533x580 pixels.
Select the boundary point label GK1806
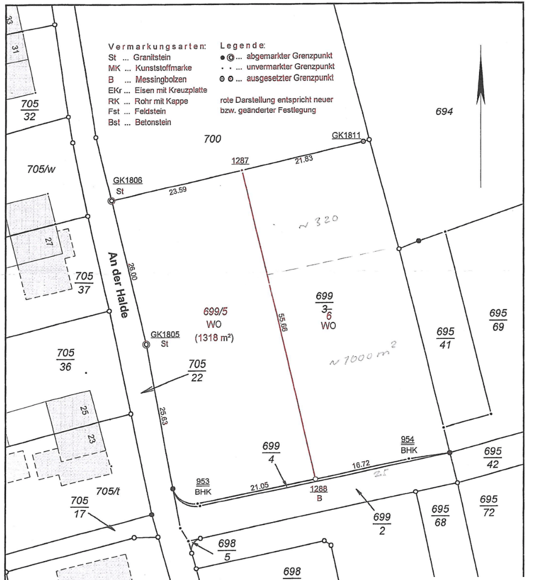(128, 180)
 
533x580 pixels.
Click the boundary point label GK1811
(346, 135)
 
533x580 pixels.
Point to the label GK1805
(165, 334)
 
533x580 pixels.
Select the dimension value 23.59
(178, 191)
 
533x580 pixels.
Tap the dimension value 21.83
(304, 159)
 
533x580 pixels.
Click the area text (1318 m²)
(214, 338)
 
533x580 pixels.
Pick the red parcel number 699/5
(216, 311)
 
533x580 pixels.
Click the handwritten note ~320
(318, 222)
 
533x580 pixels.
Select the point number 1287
(240, 161)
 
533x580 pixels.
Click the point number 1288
(319, 489)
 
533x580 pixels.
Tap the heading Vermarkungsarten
(157, 46)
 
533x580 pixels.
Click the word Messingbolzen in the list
(161, 79)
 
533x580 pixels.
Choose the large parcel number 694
(444, 111)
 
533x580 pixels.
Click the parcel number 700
(213, 139)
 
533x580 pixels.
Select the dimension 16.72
(361, 464)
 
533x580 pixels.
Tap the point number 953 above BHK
(203, 482)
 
